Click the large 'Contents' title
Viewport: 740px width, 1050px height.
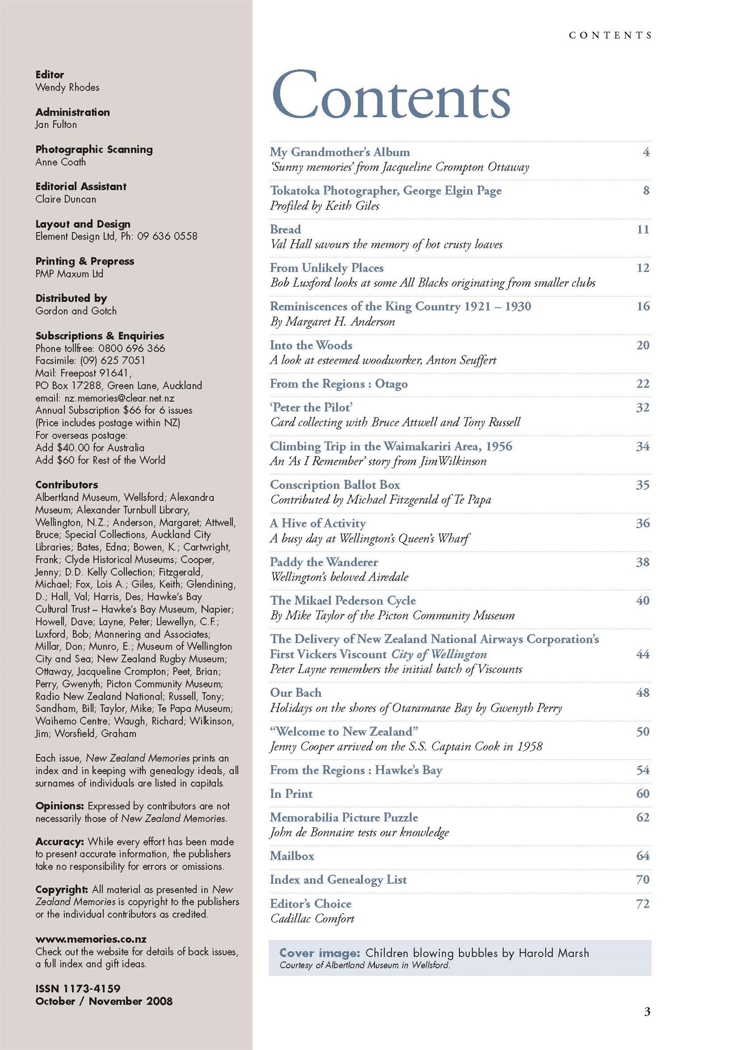coord(390,95)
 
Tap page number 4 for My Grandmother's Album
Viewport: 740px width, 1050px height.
coord(646,152)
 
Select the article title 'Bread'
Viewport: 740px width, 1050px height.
coord(285,229)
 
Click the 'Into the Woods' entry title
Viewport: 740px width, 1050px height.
coord(311,345)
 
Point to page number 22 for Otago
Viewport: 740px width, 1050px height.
coord(643,384)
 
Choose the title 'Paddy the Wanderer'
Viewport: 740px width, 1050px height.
coord(324,562)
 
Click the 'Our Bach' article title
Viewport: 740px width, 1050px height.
coord(296,693)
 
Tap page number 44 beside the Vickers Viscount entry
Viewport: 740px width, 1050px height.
coord(643,654)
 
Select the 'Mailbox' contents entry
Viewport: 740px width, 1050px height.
coord(292,856)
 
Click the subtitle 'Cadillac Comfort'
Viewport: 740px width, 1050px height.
coord(312,918)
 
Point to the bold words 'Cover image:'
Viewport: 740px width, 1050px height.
coord(320,953)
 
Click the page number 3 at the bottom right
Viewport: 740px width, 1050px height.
coord(647,1012)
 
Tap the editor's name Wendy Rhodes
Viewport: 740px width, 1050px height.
coord(67,87)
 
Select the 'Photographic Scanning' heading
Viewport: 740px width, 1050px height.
coord(94,149)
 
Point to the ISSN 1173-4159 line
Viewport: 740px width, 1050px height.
coord(78,988)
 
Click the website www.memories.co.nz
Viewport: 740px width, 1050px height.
coord(91,939)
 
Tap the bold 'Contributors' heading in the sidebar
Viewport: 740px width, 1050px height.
coord(67,484)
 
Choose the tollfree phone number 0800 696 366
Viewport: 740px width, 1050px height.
coord(132,348)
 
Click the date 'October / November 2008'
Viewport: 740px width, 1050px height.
coord(104,1001)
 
